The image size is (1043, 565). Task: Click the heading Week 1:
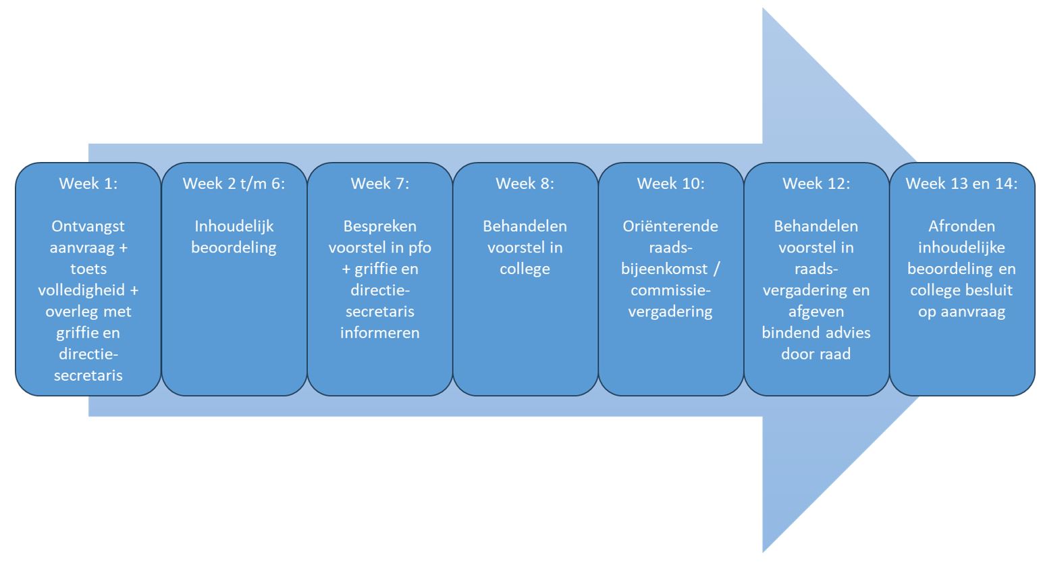coord(88,184)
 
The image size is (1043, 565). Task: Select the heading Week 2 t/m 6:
coord(234,184)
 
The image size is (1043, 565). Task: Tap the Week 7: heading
coord(379,184)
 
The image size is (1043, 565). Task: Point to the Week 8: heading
coord(525,184)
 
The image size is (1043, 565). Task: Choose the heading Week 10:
coord(670,184)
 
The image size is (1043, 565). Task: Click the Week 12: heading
coord(815,184)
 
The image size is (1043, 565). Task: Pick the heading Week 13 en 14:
coord(961,184)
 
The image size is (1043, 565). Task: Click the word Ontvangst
coord(88,226)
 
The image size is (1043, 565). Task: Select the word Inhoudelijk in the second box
coord(234,226)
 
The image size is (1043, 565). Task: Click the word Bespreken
coord(379,226)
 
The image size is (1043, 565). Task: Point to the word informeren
coord(379,333)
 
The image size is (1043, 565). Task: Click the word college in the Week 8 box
coord(525,269)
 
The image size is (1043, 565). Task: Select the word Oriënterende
coord(670,226)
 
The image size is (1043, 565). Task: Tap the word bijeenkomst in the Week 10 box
coord(664,269)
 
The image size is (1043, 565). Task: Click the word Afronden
coord(961,226)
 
